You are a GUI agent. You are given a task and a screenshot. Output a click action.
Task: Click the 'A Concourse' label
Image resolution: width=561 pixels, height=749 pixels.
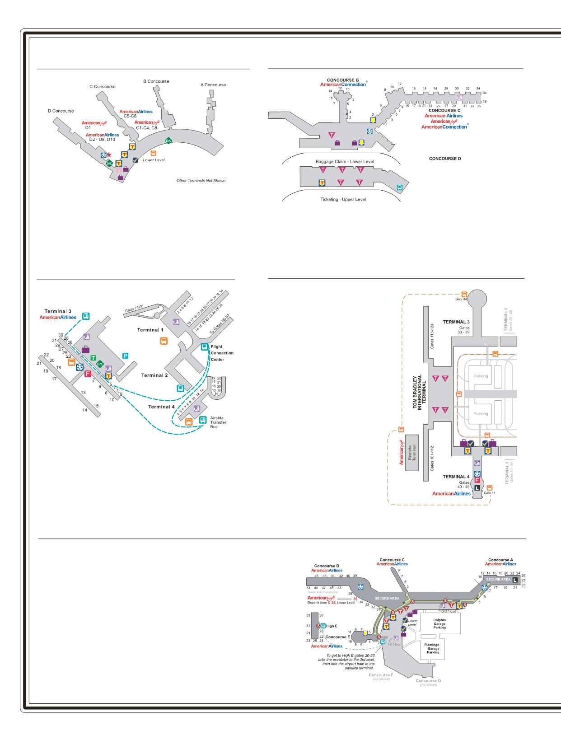(213, 85)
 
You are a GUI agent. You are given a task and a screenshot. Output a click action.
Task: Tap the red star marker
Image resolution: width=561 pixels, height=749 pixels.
(109, 155)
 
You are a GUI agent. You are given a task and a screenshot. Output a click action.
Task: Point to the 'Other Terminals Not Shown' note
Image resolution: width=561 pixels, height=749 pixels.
(201, 181)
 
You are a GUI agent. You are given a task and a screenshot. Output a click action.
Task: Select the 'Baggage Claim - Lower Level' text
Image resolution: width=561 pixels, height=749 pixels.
(345, 161)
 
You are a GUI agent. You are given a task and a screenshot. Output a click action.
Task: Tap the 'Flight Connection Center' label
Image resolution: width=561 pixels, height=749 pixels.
(222, 353)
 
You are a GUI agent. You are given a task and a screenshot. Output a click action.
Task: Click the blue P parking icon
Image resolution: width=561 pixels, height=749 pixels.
(126, 356)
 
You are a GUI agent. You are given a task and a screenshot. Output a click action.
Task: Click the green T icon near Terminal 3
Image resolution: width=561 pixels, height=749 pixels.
(93, 358)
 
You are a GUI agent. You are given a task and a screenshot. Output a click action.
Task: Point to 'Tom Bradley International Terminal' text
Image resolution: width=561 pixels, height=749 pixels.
(418, 391)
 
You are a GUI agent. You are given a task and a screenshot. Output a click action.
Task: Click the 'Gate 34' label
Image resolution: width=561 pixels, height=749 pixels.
(461, 299)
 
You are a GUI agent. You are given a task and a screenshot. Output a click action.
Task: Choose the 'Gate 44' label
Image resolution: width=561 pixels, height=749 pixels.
(490, 493)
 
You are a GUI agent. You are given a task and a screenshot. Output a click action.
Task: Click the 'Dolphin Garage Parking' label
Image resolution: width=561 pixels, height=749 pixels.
(439, 624)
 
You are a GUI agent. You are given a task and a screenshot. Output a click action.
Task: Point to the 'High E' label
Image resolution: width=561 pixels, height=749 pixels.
(332, 626)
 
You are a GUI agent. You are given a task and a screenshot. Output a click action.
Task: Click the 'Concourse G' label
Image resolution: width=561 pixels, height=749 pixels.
(428, 681)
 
